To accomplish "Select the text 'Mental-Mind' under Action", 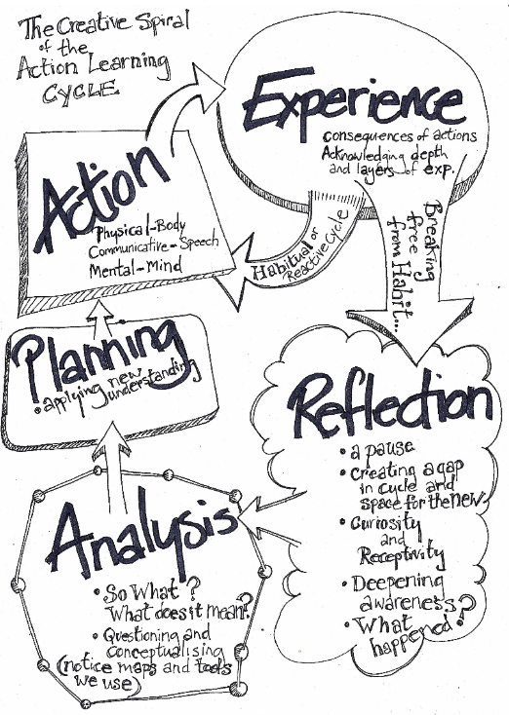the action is [x=136, y=267].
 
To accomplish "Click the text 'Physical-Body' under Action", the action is [x=140, y=230].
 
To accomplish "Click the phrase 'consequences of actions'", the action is [x=400, y=135].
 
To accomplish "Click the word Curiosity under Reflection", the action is [x=384, y=522].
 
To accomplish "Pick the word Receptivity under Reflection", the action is [x=401, y=554].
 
